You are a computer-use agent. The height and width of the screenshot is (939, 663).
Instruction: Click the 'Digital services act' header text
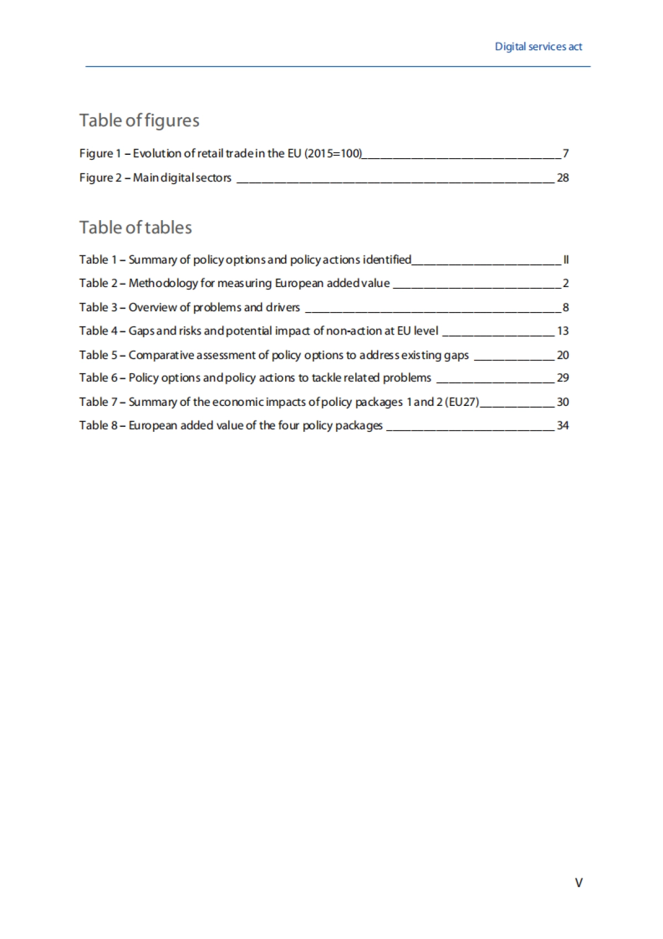click(538, 47)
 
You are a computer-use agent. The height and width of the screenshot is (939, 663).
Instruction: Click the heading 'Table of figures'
click(139, 121)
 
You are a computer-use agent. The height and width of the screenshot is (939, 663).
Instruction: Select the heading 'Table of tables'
click(135, 227)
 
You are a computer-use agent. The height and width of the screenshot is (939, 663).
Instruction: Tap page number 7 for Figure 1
click(565, 153)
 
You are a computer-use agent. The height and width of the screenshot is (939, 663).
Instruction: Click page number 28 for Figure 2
click(562, 178)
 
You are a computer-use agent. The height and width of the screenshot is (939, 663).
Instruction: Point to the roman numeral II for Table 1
click(566, 259)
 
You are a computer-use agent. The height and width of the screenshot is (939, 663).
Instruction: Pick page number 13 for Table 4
click(562, 331)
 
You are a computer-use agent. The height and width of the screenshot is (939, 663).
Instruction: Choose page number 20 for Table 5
click(562, 355)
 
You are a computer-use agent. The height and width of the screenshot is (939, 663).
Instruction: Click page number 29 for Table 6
click(562, 378)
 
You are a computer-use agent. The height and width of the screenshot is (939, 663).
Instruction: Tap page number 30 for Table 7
click(562, 402)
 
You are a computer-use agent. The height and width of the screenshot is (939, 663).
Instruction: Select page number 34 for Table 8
click(562, 425)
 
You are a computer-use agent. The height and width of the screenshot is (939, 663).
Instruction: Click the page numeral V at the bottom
click(578, 883)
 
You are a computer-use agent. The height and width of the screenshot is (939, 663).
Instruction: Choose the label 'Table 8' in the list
click(98, 425)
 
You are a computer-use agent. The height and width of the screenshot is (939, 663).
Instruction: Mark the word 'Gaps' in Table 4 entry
click(141, 331)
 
